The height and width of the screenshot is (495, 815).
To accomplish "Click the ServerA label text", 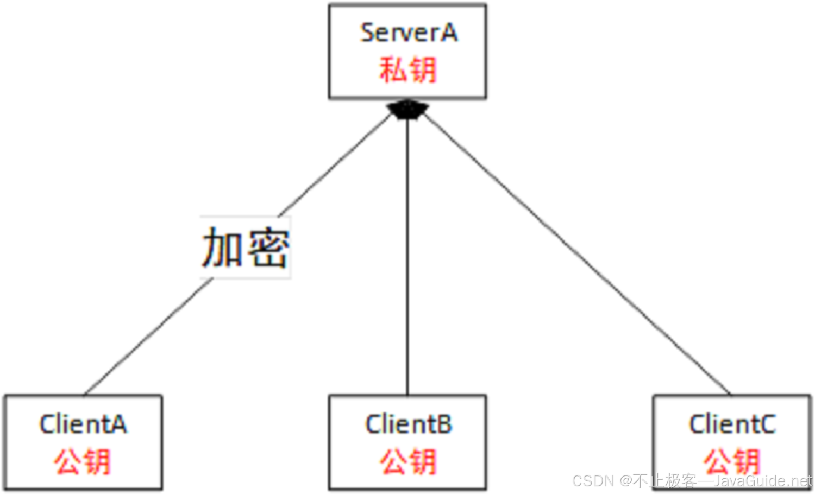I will (x=409, y=33).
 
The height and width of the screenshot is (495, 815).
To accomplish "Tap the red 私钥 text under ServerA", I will (x=408, y=71).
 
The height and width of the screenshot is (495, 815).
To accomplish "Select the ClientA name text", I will (x=83, y=424).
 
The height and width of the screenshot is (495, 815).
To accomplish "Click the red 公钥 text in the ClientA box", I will (x=83, y=462).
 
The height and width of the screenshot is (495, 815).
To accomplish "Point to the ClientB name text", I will (x=409, y=424).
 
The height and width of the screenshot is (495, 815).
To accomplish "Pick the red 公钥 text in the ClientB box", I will (x=408, y=462).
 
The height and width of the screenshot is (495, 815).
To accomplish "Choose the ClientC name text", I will (x=732, y=424).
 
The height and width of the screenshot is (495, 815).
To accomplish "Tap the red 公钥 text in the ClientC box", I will (x=732, y=462).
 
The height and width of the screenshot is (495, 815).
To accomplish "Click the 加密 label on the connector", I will (x=246, y=247).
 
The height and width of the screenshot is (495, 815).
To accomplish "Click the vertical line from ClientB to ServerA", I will (x=407, y=255).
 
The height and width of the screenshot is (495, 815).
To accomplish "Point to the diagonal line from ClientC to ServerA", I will (x=576, y=255).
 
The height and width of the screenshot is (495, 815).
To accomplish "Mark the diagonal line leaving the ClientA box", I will (x=147, y=337).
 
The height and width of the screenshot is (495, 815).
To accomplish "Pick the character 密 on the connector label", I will (x=268, y=247).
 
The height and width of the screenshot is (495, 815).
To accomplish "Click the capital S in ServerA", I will (x=368, y=33).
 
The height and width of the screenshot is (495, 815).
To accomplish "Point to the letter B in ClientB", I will (x=444, y=424).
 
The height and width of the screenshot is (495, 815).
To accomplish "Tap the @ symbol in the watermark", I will (x=625, y=481).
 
